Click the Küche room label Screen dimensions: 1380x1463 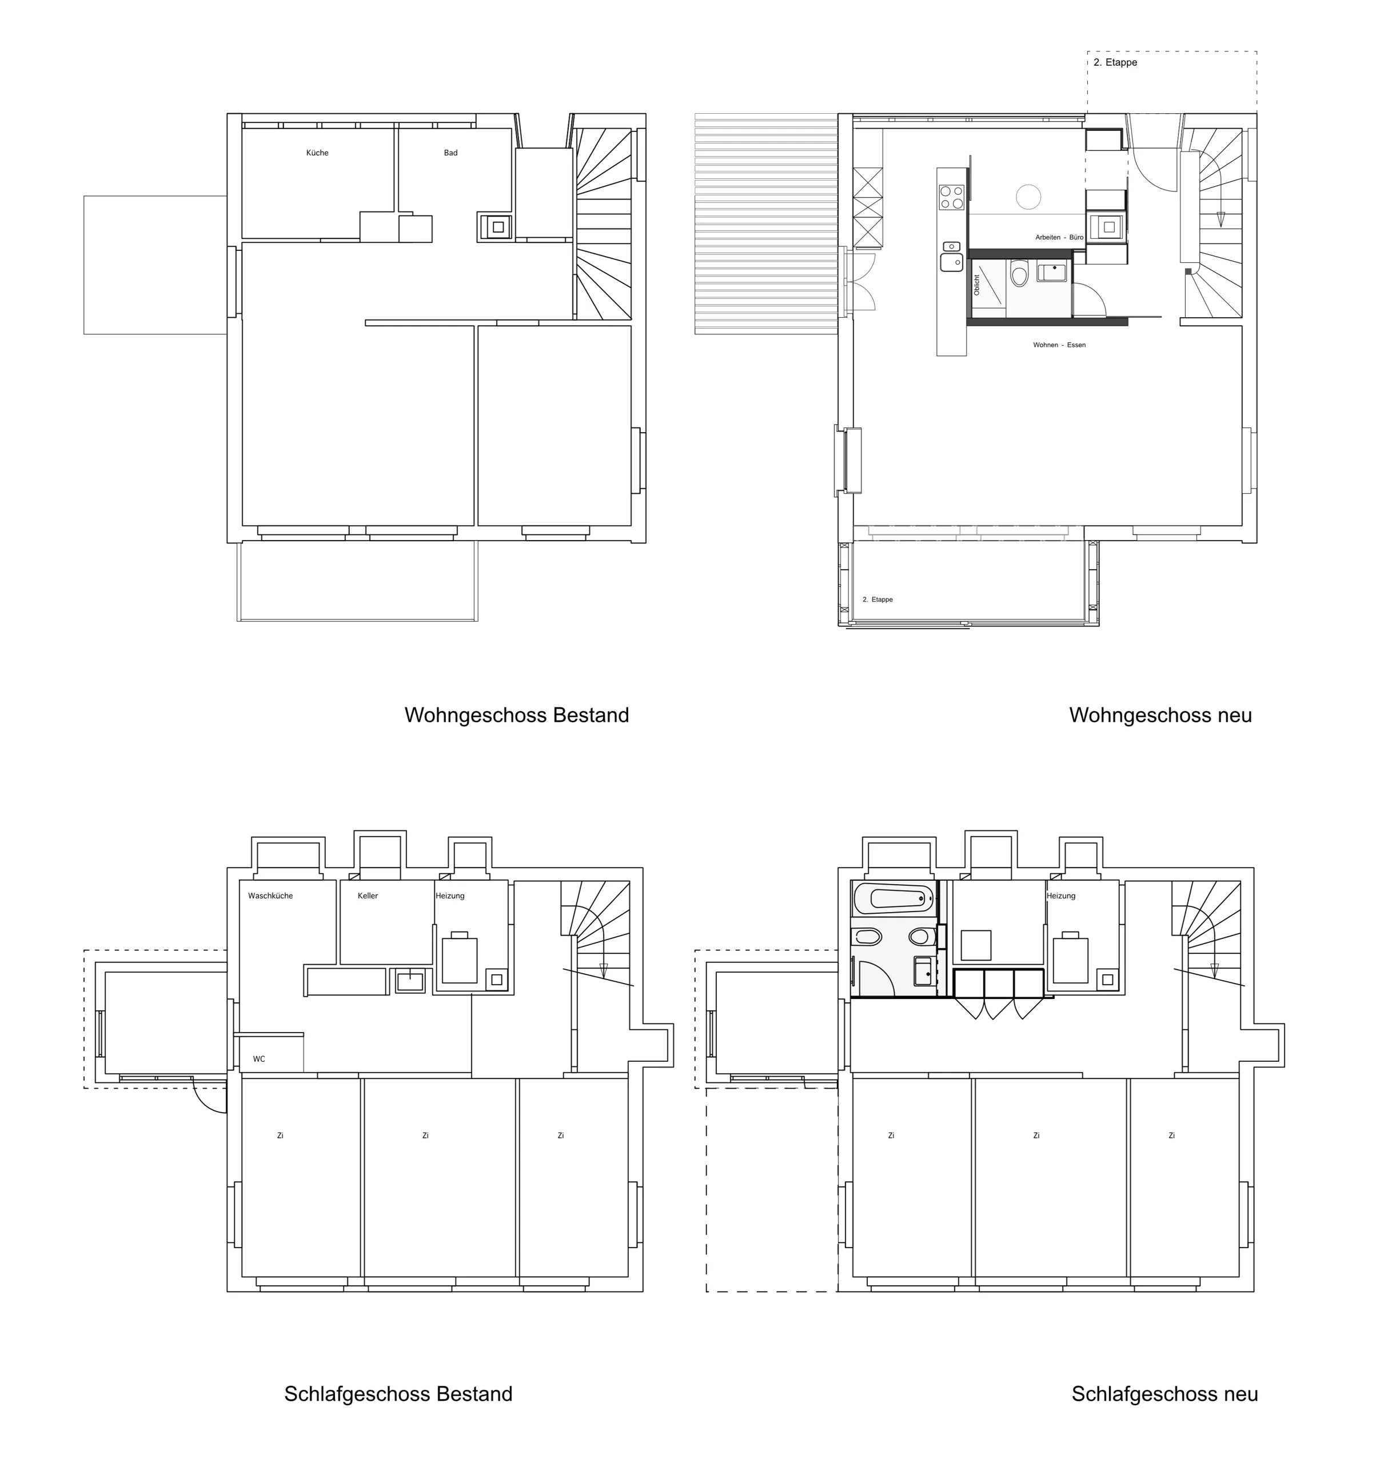317,153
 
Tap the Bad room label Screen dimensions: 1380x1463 450,153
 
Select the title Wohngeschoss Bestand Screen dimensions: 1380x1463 517,715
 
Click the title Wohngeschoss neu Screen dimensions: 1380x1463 1160,715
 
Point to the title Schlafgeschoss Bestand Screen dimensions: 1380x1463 398,1394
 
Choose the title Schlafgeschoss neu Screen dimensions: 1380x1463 1165,1394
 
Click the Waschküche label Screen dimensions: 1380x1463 270,896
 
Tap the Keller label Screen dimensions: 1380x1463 368,896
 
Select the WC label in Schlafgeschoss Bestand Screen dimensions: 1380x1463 259,1059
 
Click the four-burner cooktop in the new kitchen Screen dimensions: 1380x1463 952,197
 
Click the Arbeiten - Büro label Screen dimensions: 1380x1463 1059,238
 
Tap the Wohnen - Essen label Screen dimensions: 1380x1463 1059,345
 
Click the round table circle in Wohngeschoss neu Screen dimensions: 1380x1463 1028,197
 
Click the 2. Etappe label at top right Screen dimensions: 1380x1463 1115,62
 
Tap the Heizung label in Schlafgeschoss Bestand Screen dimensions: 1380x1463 450,896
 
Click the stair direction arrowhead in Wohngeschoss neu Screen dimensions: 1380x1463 1221,218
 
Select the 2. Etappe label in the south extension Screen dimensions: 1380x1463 878,599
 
